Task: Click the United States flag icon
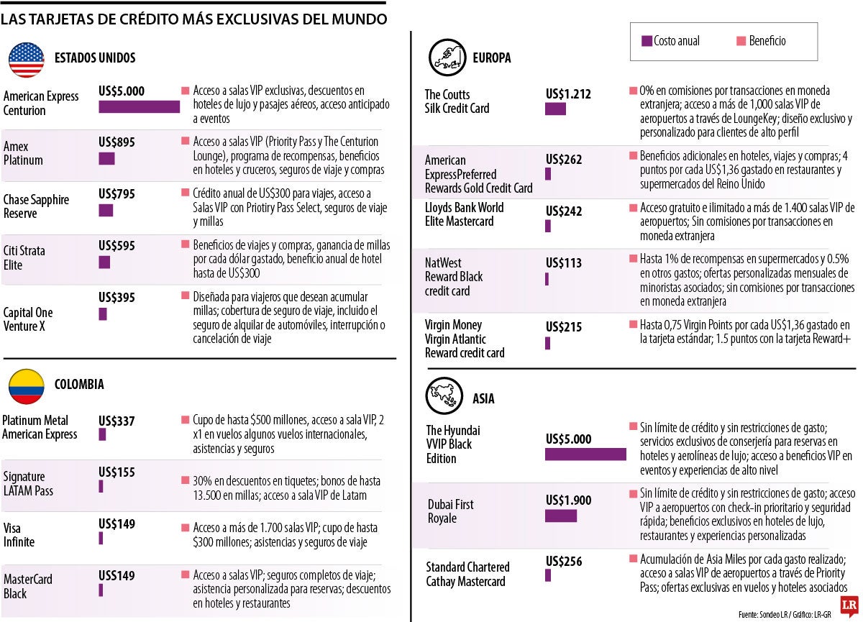coord(27,59)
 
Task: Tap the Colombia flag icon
coord(27,385)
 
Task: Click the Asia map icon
coord(445,395)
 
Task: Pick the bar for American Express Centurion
coord(139,106)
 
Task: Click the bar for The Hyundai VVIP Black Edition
coord(585,454)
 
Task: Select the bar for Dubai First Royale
coord(561,516)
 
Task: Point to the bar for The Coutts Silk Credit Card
coord(555,109)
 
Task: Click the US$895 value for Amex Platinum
coord(117,142)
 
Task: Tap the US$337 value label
coord(117,421)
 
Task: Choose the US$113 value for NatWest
coord(564,263)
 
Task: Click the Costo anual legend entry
coord(671,41)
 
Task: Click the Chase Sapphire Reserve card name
coord(36,206)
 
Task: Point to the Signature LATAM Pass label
coord(28,483)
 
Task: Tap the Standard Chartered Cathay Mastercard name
coord(467,574)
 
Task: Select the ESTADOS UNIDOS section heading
coord(95,58)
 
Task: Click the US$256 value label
coord(564,562)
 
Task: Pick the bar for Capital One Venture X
coord(103,314)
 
